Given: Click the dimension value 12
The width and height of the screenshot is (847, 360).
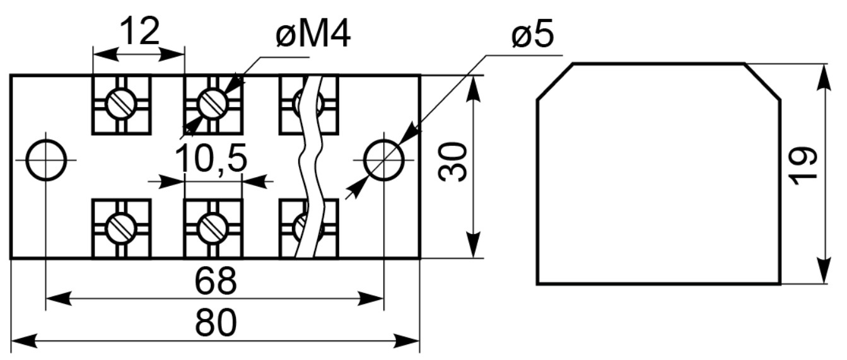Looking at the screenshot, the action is click(x=140, y=31).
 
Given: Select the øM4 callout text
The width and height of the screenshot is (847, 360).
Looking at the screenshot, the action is click(x=313, y=34).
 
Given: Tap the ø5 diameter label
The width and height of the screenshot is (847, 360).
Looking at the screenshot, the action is click(x=533, y=34).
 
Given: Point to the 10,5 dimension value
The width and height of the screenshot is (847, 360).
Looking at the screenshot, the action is click(x=211, y=158).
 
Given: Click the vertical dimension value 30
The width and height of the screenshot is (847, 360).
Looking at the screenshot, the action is click(x=453, y=161).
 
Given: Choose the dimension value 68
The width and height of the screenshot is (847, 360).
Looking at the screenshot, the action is click(x=216, y=281).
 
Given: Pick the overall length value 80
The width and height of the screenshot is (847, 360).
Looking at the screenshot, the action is click(x=216, y=323).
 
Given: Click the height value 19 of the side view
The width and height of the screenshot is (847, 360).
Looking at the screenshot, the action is click(x=802, y=166).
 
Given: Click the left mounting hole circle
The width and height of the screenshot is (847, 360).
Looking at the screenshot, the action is click(x=46, y=160).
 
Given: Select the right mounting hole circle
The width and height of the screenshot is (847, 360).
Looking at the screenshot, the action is click(x=384, y=160).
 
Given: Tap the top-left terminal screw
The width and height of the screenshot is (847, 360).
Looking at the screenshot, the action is click(x=121, y=103).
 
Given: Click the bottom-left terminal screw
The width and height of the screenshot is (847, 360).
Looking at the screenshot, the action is click(x=121, y=228).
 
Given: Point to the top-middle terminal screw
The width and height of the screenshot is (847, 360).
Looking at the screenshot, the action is click(x=213, y=103).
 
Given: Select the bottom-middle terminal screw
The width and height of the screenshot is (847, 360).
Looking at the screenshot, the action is click(x=213, y=228).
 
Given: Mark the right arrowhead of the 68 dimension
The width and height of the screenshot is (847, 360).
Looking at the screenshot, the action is click(x=371, y=298).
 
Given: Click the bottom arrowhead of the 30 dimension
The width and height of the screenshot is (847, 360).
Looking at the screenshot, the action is click(x=473, y=245).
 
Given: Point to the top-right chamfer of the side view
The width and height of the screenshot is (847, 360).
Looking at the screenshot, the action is click(x=762, y=82).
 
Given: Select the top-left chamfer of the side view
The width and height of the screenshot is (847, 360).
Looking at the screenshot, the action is click(x=555, y=82).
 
